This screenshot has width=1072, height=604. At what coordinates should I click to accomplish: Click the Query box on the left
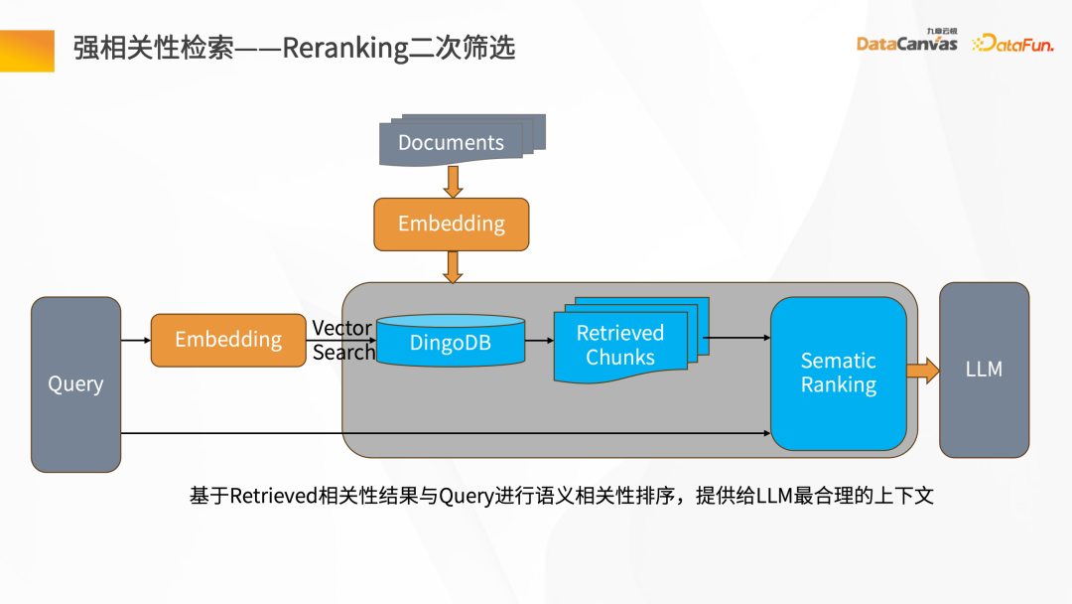tap(75, 383)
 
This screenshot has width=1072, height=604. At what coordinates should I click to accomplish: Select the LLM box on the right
tap(984, 370)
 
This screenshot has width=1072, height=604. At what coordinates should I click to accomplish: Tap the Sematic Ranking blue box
tap(839, 374)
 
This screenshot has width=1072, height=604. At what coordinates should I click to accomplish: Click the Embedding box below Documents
tap(452, 225)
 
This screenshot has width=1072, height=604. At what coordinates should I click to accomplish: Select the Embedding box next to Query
tap(228, 340)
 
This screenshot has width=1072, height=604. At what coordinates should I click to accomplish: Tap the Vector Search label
tap(342, 340)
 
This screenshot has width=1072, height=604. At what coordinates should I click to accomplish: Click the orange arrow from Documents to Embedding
tap(453, 182)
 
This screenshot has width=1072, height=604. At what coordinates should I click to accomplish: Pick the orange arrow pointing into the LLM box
tap(922, 372)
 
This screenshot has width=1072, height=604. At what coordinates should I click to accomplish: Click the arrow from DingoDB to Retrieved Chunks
tap(539, 341)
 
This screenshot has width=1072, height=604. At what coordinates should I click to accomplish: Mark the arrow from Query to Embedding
tap(136, 341)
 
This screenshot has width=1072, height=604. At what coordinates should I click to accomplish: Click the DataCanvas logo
tap(906, 42)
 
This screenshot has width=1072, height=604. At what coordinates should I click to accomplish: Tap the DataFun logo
tap(1012, 43)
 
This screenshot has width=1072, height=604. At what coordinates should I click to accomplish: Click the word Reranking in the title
tap(344, 48)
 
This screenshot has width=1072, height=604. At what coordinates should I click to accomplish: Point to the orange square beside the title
tap(27, 50)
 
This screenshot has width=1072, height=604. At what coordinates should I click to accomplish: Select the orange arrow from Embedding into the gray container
tap(453, 267)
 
